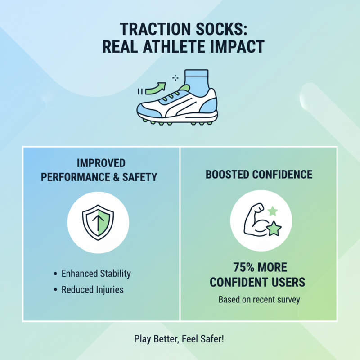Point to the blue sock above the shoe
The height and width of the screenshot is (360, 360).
click(x=196, y=81)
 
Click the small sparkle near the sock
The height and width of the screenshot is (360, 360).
click(x=175, y=78)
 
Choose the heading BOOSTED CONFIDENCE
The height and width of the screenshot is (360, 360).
click(x=259, y=174)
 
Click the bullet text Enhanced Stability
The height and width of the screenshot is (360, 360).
click(x=96, y=273)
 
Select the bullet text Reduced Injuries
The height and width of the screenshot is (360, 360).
click(x=92, y=289)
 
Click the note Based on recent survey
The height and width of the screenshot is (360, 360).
click(x=259, y=299)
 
